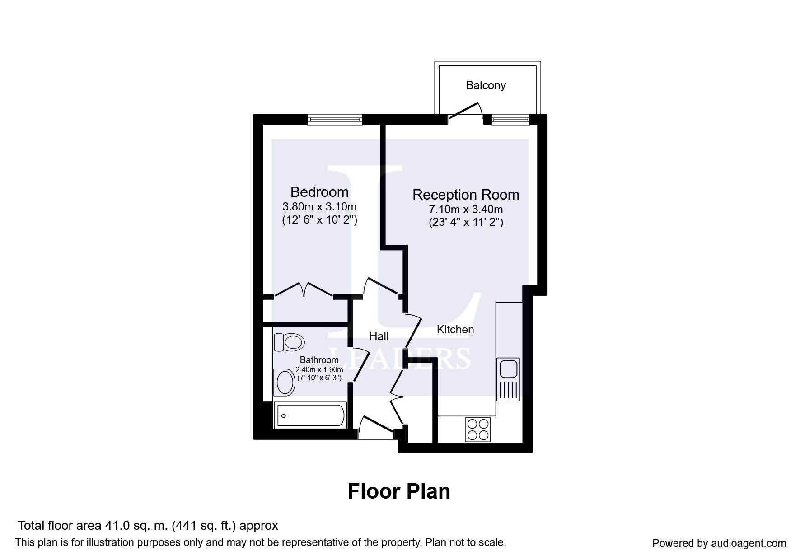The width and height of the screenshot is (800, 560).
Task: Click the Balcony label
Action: click(x=486, y=85)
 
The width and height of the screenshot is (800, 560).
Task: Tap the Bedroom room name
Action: click(x=319, y=192)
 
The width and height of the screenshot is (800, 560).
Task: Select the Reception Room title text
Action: click(x=466, y=195)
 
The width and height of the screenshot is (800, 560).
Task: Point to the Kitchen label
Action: click(x=455, y=330)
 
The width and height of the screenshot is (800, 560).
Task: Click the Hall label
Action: click(x=379, y=336)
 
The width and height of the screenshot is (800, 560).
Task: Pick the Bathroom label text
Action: click(x=319, y=360)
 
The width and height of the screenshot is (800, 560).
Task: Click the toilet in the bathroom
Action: click(x=288, y=342)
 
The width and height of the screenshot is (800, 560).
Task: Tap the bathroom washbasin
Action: click(x=284, y=383)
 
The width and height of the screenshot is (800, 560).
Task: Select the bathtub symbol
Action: click(x=310, y=415)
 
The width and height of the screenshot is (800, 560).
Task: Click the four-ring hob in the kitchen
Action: click(x=478, y=429)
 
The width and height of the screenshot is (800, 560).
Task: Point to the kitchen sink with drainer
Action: click(x=508, y=379)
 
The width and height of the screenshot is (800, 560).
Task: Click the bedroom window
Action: click(x=335, y=119)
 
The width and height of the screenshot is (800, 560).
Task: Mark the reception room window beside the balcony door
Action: click(x=510, y=119)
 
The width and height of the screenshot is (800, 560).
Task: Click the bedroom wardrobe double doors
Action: click(x=304, y=289)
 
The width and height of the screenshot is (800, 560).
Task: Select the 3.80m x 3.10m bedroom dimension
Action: click(x=319, y=207)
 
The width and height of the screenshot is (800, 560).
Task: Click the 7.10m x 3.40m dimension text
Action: click(x=466, y=210)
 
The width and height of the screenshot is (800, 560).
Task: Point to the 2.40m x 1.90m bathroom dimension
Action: click(x=319, y=369)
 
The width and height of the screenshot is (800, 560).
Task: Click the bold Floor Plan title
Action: click(x=399, y=491)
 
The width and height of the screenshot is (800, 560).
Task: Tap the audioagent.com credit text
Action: click(x=719, y=543)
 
